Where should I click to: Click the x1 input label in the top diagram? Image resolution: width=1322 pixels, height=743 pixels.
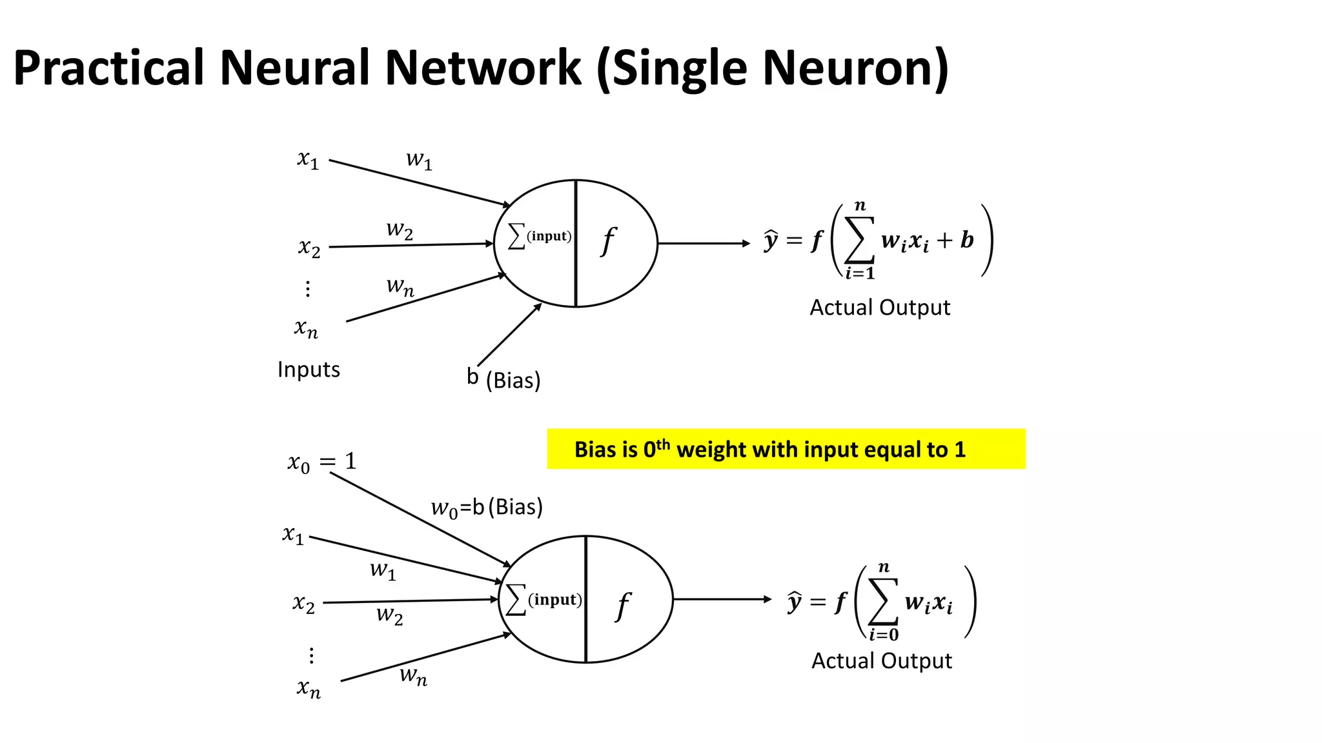click(308, 159)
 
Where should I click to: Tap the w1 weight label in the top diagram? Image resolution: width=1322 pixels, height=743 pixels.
click(418, 159)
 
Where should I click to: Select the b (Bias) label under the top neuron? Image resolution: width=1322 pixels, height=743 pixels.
click(503, 379)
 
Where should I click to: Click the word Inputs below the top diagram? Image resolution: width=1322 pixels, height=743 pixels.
click(309, 370)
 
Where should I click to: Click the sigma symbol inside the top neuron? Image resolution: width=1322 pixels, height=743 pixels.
click(516, 236)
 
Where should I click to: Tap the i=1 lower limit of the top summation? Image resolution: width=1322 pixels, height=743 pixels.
click(860, 273)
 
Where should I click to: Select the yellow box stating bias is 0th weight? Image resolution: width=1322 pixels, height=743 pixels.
click(786, 449)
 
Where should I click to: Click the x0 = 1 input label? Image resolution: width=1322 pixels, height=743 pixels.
click(321, 462)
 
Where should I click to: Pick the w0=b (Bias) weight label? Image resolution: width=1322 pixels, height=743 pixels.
click(487, 508)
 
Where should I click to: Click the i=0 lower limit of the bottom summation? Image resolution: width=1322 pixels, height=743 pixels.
click(884, 635)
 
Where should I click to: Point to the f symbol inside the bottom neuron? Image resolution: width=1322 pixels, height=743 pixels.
click(623, 606)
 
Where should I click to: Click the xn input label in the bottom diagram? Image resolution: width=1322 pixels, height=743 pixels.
click(309, 688)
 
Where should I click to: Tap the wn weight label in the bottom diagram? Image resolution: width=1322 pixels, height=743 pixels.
click(413, 676)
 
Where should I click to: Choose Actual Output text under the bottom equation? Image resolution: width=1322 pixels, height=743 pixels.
click(881, 661)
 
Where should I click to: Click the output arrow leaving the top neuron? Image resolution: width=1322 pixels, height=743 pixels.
click(704, 243)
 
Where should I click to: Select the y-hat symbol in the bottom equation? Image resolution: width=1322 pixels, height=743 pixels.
click(795, 602)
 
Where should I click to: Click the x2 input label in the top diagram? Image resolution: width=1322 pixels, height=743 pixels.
click(309, 248)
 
